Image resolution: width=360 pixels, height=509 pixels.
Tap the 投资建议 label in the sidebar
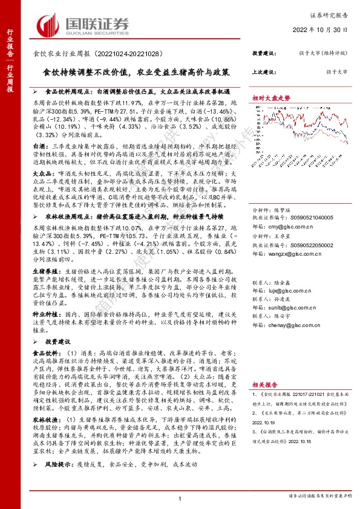click(x=264, y=53)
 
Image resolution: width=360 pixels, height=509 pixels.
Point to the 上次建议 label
click(x=264, y=71)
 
